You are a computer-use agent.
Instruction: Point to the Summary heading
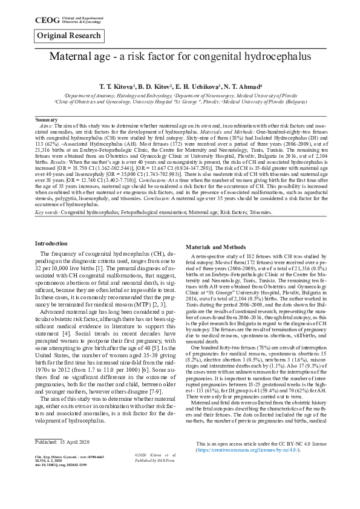[47, 120]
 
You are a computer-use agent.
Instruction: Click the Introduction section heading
[51, 242]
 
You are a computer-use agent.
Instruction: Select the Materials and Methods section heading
[215, 248]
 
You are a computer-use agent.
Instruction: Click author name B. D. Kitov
[158, 88]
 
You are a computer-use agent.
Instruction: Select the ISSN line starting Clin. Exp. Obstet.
[68, 490]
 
